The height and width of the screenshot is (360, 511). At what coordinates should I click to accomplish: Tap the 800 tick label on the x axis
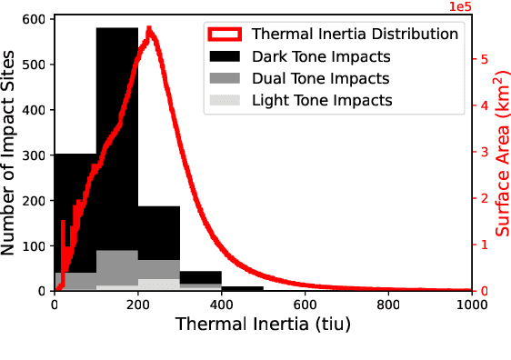pyautogui.click(x=388, y=305)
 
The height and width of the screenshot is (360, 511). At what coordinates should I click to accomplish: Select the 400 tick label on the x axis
pyautogui.click(x=221, y=305)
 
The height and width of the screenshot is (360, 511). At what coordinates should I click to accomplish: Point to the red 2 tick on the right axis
pyautogui.click(x=484, y=198)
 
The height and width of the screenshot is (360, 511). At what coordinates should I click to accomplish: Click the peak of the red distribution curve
pyautogui.click(x=150, y=30)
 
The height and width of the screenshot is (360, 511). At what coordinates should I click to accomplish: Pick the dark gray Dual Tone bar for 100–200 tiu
pyautogui.click(x=116, y=267)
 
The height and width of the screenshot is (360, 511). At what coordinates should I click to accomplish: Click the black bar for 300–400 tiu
pyautogui.click(x=200, y=277)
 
